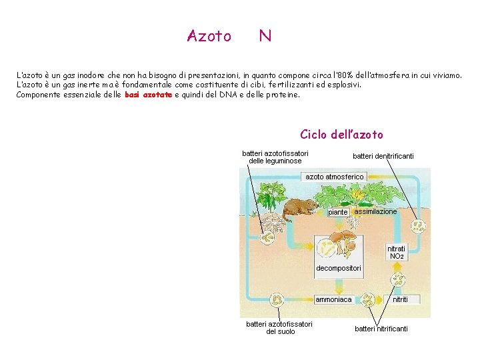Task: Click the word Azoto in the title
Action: point(209,36)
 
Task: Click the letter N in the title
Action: point(265,36)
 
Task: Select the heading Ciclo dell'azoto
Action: point(341,135)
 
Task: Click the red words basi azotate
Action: point(148,95)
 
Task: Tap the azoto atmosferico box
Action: point(335,177)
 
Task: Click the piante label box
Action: point(338,212)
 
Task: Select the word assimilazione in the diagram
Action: point(375,211)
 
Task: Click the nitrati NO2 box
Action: point(396,252)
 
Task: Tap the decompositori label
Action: point(339,268)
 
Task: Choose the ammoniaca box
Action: point(333,299)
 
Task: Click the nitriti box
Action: point(401,299)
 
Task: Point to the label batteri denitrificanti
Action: point(383,156)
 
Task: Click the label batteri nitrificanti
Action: point(381,329)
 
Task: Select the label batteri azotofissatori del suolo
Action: point(279,327)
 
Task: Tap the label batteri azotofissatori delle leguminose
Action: point(275,157)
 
